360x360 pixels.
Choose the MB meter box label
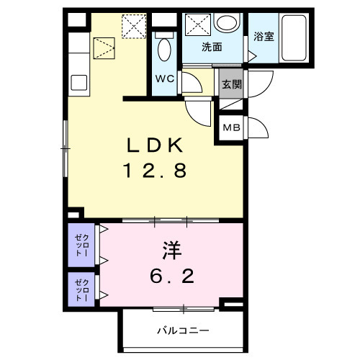[230, 127]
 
